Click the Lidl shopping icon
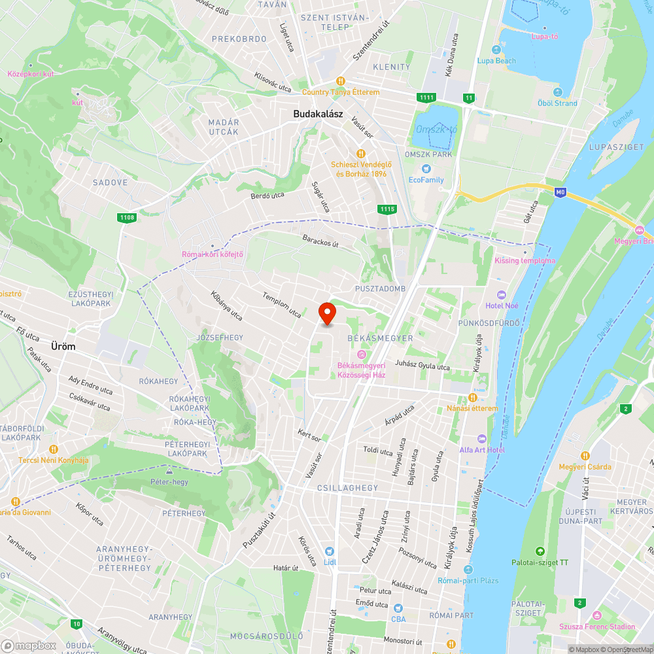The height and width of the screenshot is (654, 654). click(328, 552)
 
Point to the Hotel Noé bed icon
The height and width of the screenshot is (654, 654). click(502, 295)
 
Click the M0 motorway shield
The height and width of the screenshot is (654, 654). click(559, 192)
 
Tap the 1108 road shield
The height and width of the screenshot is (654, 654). click(126, 218)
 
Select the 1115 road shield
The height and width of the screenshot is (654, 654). click(387, 209)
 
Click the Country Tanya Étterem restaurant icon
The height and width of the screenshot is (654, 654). click(341, 81)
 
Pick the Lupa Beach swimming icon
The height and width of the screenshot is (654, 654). click(496, 50)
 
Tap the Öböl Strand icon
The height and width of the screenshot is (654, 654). click(557, 92)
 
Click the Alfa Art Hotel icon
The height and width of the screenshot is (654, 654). click(482, 438)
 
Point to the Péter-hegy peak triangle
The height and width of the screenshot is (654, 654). click(169, 471)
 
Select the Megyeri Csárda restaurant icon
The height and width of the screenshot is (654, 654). click(585, 456)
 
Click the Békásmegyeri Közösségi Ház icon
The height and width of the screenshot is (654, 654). click(361, 354)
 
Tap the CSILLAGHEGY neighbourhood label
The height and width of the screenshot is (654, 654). click(347, 488)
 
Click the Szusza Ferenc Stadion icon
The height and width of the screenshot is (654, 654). click(596, 615)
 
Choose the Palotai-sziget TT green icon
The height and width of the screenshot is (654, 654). click(540, 551)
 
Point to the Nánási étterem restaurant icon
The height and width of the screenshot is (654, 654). click(472, 397)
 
